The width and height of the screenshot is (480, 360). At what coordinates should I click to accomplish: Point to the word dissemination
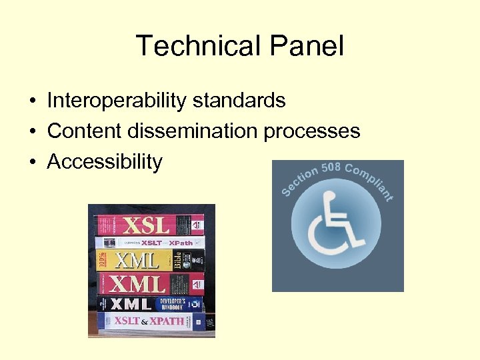point(193,131)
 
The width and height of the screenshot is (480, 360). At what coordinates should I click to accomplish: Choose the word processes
point(312,131)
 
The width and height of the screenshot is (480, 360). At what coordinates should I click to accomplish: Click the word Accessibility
point(105,161)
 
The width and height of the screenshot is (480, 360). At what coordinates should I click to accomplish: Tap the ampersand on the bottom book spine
point(144,321)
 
